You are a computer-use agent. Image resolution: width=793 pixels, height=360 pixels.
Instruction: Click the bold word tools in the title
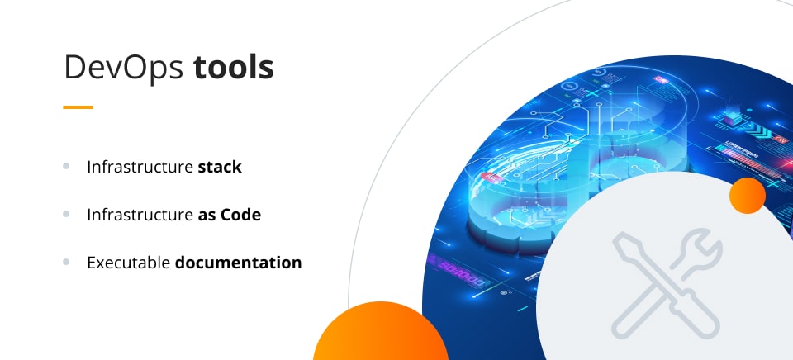234,69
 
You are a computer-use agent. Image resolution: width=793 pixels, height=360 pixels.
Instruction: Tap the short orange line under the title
78,107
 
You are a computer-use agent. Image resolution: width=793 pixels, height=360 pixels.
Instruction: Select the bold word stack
220,167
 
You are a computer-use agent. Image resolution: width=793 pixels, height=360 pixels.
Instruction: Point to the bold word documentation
238,263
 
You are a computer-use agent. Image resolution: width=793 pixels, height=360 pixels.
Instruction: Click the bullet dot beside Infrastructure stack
66,166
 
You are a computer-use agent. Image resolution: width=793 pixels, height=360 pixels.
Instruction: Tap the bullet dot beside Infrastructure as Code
66,214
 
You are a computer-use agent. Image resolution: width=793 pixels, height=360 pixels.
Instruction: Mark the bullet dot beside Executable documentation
66,262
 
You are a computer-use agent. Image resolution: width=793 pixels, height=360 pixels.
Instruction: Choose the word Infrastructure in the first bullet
139,167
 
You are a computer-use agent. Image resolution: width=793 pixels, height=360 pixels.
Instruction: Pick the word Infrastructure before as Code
139,215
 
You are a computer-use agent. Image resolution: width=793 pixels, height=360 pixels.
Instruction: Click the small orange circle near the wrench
748,196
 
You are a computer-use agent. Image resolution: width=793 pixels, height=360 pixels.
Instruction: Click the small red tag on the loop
493,177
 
